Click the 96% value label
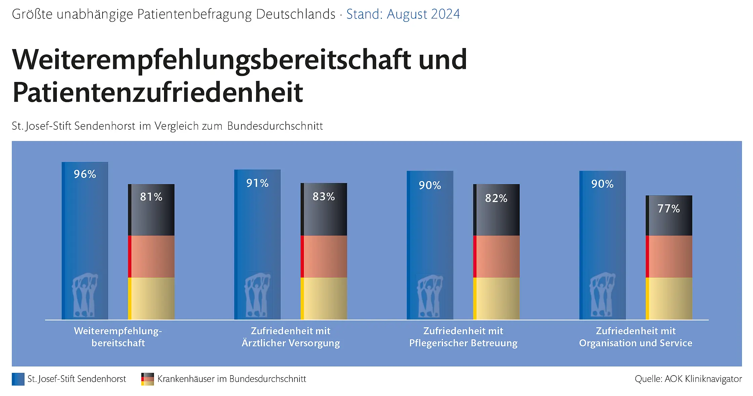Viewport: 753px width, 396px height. (85, 174)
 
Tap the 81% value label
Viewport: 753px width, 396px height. (151, 197)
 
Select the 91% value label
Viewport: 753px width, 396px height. (257, 183)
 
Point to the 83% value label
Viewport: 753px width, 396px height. (324, 196)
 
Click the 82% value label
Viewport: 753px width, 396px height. (496, 198)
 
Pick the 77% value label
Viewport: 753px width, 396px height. (669, 209)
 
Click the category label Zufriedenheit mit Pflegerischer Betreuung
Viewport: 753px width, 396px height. (463, 337)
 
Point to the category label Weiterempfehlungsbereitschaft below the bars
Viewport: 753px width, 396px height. (118, 337)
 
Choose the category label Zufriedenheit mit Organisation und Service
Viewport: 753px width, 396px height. (636, 337)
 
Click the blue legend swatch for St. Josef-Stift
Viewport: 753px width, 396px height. (18, 379)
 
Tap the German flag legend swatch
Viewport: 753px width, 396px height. (148, 379)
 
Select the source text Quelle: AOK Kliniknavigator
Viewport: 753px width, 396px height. (688, 379)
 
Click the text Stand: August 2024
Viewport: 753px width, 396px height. (403, 14)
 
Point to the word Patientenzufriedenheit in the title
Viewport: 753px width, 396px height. (158, 92)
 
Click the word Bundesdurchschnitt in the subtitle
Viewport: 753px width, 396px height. (275, 126)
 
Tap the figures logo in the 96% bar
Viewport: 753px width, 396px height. (85, 296)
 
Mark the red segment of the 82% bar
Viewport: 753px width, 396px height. (496, 257)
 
